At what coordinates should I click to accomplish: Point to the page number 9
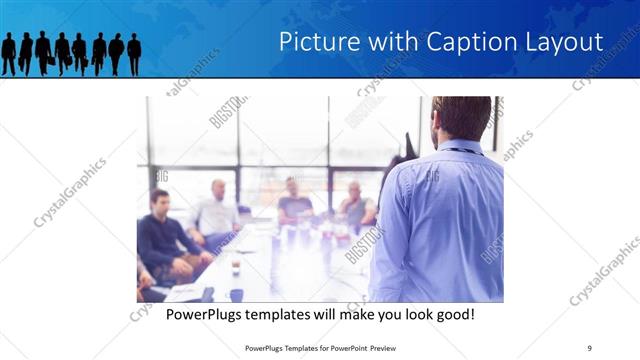tap(589, 347)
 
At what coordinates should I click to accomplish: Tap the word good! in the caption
tap(452, 315)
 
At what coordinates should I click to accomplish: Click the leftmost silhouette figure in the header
tap(9, 53)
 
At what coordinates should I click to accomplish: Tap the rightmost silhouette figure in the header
tap(134, 53)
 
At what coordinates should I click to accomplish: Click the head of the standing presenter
tap(461, 118)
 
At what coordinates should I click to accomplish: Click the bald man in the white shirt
tap(216, 210)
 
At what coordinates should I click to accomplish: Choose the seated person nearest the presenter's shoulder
tap(355, 205)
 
